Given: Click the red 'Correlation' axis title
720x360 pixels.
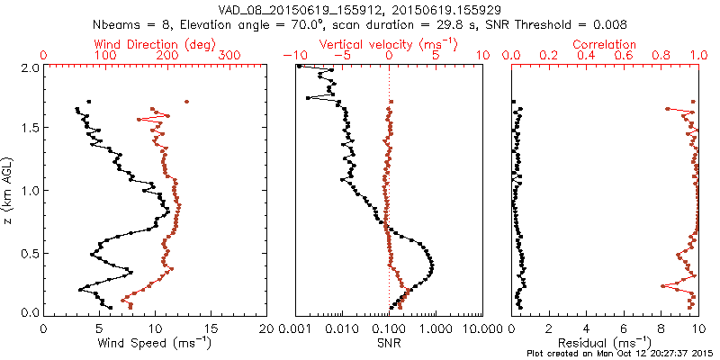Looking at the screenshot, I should tap(605, 44).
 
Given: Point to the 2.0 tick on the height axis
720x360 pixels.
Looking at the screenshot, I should tap(29, 67).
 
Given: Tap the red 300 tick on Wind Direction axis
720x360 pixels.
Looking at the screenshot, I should tap(230, 56).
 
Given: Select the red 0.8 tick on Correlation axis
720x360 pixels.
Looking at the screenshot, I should tap(661, 56).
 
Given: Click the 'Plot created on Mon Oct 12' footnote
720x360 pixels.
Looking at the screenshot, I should tap(620, 353).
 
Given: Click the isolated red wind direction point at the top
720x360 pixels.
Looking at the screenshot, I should tap(186, 102).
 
